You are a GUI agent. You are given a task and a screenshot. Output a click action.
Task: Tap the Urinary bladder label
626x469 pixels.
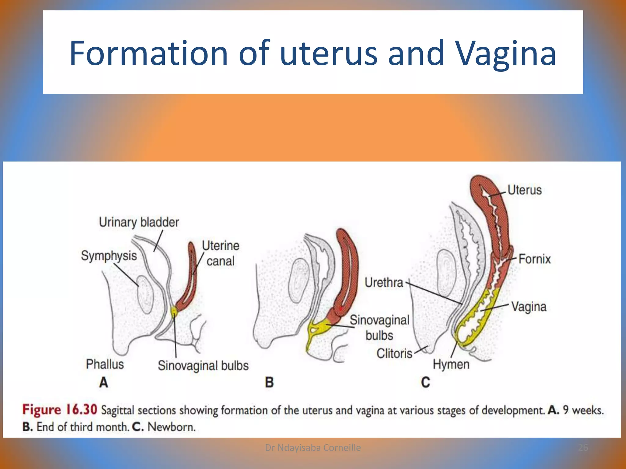coord(139,222)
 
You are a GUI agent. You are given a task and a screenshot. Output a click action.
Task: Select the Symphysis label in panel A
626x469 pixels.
coord(109,256)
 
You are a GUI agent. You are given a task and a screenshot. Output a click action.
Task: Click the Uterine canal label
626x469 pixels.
coord(220,253)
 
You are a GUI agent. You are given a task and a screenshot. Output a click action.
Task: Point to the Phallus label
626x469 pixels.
coord(105,364)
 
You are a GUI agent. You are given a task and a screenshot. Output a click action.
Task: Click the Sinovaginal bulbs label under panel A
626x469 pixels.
coord(203,365)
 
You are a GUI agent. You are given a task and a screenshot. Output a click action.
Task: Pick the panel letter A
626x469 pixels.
coord(104,382)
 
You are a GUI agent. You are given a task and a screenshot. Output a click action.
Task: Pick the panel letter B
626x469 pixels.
coord(269,382)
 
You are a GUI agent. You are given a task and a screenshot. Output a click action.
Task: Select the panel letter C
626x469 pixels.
coord(425,382)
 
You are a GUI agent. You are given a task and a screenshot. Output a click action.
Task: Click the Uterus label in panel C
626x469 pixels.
coord(525,190)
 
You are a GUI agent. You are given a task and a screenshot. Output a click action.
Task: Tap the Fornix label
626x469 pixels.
coord(534,259)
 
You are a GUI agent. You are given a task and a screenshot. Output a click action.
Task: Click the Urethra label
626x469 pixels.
coord(384,282)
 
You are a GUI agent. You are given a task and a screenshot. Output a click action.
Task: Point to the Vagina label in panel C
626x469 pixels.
coord(529,307)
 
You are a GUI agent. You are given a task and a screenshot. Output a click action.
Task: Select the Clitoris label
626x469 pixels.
coord(394,354)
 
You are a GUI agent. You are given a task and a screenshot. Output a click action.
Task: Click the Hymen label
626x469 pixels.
coord(451,365)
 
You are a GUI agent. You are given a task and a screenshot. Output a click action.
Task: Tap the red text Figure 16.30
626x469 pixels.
coord(60,410)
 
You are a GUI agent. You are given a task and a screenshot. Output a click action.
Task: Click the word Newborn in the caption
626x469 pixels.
coord(171,427)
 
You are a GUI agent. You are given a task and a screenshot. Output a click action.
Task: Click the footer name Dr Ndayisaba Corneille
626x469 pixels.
coord(313,448)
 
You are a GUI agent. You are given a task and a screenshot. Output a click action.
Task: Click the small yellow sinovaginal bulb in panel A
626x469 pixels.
coord(174,311)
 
